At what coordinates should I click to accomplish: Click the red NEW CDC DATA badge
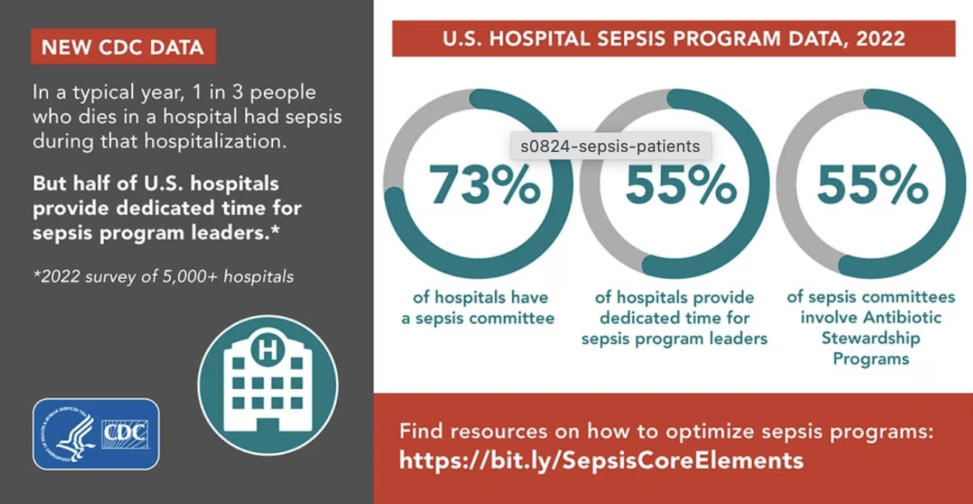[123, 47]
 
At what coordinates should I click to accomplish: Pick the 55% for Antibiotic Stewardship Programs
[872, 185]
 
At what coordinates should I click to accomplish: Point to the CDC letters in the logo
[125, 433]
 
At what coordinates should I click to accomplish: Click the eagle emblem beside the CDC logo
[70, 434]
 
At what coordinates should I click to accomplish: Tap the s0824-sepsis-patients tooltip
[610, 146]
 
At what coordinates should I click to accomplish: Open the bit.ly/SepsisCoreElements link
[601, 460]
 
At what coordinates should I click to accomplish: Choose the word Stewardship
[871, 338]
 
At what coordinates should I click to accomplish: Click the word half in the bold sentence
[97, 183]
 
